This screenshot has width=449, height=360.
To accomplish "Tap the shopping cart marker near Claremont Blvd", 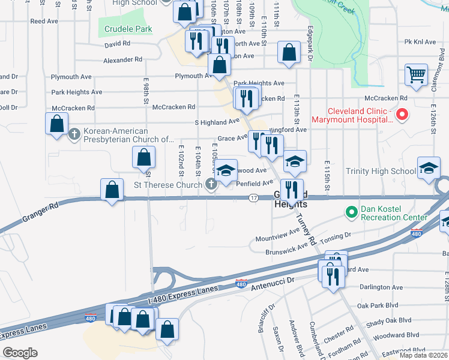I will tap(416, 75).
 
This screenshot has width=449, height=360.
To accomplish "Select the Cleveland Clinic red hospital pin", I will tap(403, 113).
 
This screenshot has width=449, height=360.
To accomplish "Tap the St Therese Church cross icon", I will tap(212, 185).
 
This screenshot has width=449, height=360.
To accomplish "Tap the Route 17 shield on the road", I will tap(254, 198).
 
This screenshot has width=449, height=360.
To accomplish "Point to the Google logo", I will tap(20, 353).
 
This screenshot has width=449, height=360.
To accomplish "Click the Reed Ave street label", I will tap(44, 21).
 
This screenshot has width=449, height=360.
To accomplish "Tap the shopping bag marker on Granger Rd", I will tap(112, 190).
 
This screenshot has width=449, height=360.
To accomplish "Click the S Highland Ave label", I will tap(217, 122).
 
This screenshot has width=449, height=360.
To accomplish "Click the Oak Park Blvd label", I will tap(378, 305).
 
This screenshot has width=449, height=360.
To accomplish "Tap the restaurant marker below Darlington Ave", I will tap(331, 275).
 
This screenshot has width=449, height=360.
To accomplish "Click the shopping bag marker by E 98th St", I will tap(143, 158).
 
